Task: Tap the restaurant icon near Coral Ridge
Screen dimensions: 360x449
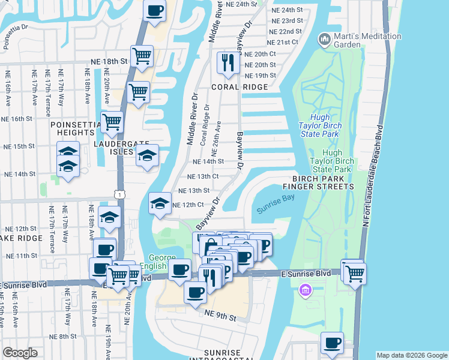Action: coord(228,63)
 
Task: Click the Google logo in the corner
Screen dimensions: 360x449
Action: coord(20,353)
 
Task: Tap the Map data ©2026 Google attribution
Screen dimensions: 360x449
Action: coord(411,355)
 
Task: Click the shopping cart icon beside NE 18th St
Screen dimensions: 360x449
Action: coord(142,56)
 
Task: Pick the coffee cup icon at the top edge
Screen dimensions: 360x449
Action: coord(155,10)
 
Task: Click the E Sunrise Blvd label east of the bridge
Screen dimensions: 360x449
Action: coord(306,274)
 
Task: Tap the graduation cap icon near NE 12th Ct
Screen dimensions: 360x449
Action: coord(160,203)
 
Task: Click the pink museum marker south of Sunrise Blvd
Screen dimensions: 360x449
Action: coord(305,291)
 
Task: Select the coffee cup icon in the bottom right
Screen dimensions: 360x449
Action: coord(332,343)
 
